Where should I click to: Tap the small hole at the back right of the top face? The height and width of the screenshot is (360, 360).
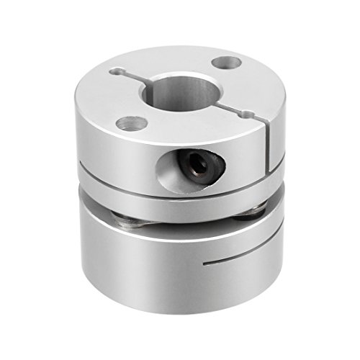point(230,63)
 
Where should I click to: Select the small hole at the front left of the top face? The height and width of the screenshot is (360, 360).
point(130,124)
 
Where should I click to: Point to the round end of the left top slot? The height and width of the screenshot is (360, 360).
point(114,71)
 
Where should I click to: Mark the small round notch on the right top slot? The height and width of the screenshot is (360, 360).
point(248,113)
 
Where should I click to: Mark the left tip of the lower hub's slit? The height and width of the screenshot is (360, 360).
point(205,265)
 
